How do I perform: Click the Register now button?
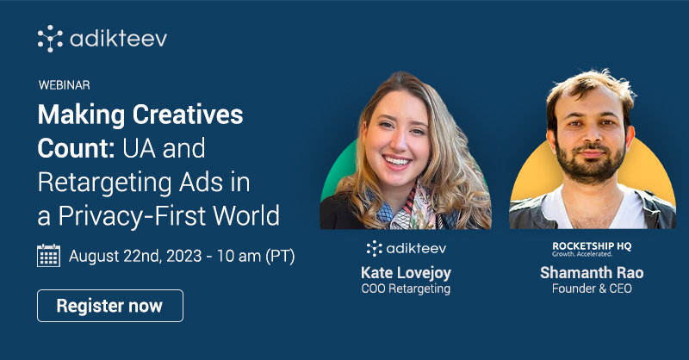(110, 306)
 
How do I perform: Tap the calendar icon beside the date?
(48, 256)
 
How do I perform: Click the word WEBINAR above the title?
(65, 85)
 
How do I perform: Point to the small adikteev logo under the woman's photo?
(405, 249)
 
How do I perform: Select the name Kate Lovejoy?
(406, 273)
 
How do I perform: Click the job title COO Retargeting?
(406, 289)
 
